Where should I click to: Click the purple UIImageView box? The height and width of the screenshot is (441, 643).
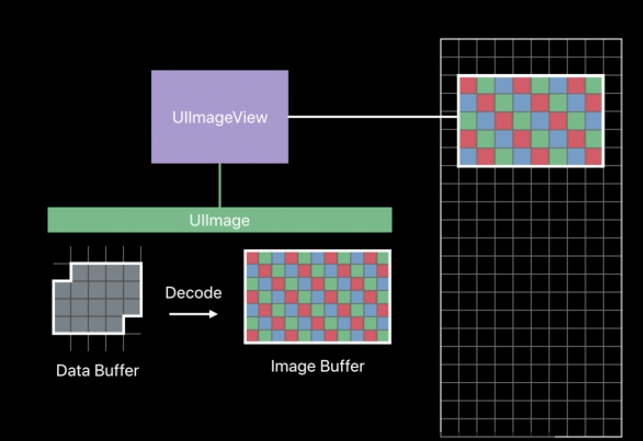(220, 116)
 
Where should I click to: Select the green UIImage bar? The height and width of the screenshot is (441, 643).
(220, 220)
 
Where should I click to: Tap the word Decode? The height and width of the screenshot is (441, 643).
(193, 293)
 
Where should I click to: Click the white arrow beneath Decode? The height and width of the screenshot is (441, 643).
(193, 314)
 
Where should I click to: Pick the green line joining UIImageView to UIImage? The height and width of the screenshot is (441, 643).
(220, 185)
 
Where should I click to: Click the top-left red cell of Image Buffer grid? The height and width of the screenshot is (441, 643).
(252, 258)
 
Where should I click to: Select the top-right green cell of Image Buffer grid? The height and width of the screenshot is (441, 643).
(383, 258)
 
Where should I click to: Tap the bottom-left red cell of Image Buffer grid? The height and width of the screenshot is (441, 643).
(252, 335)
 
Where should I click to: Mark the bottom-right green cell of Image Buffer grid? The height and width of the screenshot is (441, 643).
(383, 335)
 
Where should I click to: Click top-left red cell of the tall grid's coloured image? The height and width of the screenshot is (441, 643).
(468, 85)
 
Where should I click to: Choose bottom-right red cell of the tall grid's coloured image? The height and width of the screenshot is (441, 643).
(594, 157)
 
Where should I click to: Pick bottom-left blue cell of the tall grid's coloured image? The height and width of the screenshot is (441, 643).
(468, 157)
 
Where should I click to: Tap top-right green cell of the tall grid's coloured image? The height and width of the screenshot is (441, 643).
(594, 85)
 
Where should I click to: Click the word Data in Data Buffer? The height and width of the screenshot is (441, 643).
(71, 371)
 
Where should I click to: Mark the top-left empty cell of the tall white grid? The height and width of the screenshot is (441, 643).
(449, 47)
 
